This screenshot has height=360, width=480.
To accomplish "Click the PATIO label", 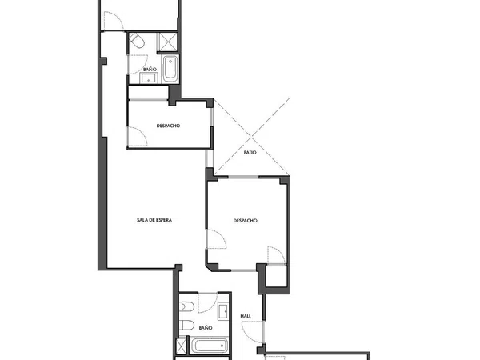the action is click(x=250, y=152).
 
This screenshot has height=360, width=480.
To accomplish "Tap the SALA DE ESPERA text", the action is click(x=154, y=220).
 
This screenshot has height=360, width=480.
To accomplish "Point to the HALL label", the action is click(x=246, y=316).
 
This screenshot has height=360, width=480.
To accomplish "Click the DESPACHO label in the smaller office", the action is click(x=168, y=126).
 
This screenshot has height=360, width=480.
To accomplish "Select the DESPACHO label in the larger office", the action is click(x=246, y=221).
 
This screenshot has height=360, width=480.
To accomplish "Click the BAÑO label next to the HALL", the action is click(x=206, y=328).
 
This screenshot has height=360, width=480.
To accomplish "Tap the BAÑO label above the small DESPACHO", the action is click(x=150, y=70).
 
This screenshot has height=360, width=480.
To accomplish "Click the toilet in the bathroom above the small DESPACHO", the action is click(x=137, y=41).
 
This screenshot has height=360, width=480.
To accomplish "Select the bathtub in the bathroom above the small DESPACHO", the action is click(x=170, y=69).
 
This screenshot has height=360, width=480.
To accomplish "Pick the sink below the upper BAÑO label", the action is click(x=149, y=78).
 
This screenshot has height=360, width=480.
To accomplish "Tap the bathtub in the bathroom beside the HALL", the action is click(x=210, y=346).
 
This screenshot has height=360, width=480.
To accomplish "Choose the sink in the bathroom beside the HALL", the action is click(x=223, y=311).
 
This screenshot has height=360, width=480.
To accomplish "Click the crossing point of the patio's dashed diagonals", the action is click(x=251, y=137).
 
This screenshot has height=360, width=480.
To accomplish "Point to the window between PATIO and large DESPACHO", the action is click(x=243, y=177).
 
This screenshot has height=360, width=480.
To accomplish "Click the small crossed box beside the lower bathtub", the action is click(x=182, y=346).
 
